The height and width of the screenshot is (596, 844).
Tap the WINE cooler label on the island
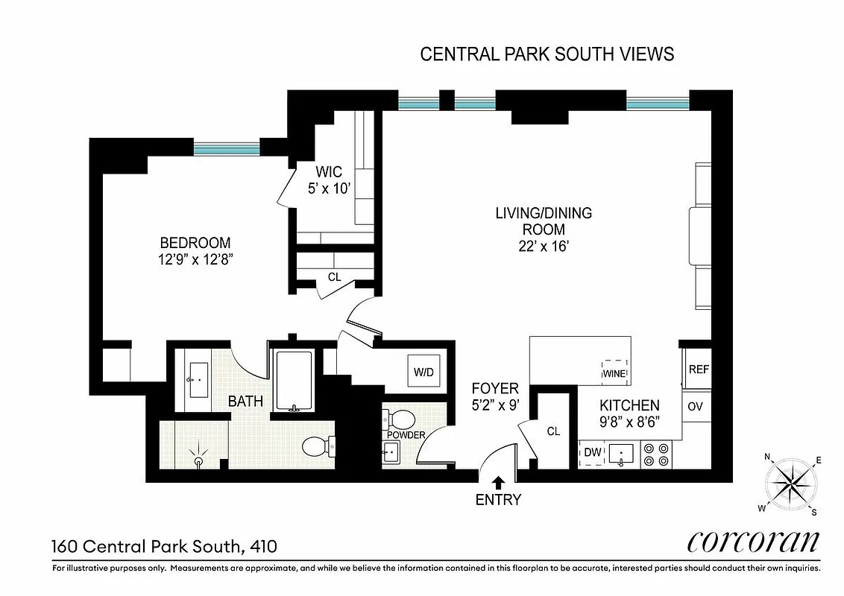[614, 372]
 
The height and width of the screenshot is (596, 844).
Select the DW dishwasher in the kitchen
[593, 451]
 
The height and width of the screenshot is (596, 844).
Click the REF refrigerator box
[698, 370]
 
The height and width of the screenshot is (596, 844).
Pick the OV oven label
[696, 407]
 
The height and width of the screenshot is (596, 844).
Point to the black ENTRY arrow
[498, 483]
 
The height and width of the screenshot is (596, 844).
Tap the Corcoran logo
[752, 542]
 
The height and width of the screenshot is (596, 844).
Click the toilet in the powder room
[402, 419]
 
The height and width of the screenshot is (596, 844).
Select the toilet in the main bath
[317, 447]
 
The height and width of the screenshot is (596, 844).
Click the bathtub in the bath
[295, 381]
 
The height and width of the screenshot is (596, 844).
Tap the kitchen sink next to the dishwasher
[620, 453]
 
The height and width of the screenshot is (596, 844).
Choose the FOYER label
[494, 389]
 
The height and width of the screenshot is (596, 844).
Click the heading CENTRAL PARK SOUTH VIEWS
[547, 54]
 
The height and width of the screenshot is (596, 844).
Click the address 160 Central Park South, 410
[164, 546]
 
